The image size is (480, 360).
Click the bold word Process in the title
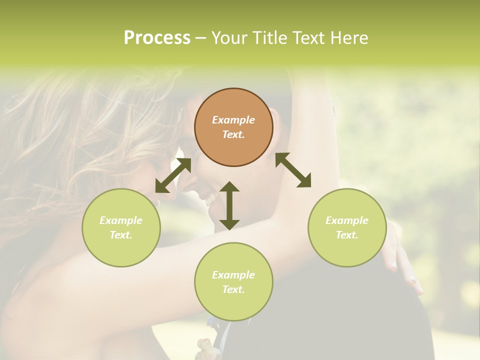click(157, 38)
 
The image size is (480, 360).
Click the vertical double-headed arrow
click(229, 205)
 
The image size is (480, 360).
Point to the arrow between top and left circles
click(173, 175)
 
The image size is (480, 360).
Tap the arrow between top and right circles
click(293, 170)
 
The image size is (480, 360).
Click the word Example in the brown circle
click(233, 120)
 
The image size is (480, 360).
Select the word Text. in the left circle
click(121, 235)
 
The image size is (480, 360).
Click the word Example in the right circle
click(347, 220)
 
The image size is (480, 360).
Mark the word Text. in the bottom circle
click(233, 289)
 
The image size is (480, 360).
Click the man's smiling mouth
click(209, 201)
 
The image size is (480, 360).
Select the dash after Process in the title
click(200, 38)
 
